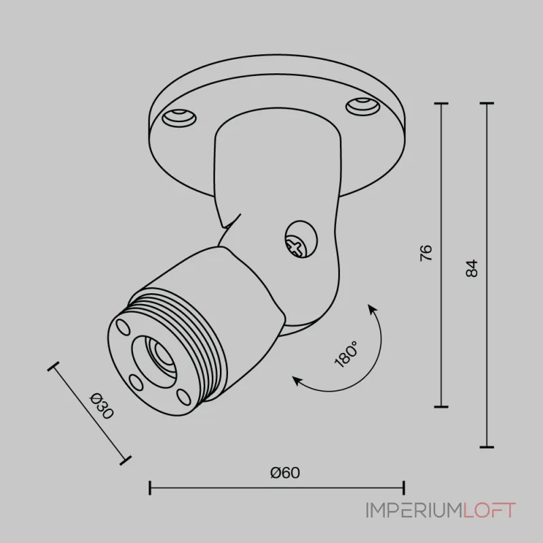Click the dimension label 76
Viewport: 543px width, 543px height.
pyautogui.click(x=426, y=252)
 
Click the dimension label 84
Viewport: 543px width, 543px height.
pyautogui.click(x=472, y=268)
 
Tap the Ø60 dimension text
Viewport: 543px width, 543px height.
pyautogui.click(x=285, y=472)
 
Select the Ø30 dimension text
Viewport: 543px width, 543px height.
pyautogui.click(x=101, y=406)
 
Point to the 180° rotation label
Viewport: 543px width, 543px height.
pyautogui.click(x=346, y=354)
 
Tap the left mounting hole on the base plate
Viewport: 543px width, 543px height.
pyautogui.click(x=179, y=117)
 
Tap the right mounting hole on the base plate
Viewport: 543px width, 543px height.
pyautogui.click(x=363, y=107)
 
